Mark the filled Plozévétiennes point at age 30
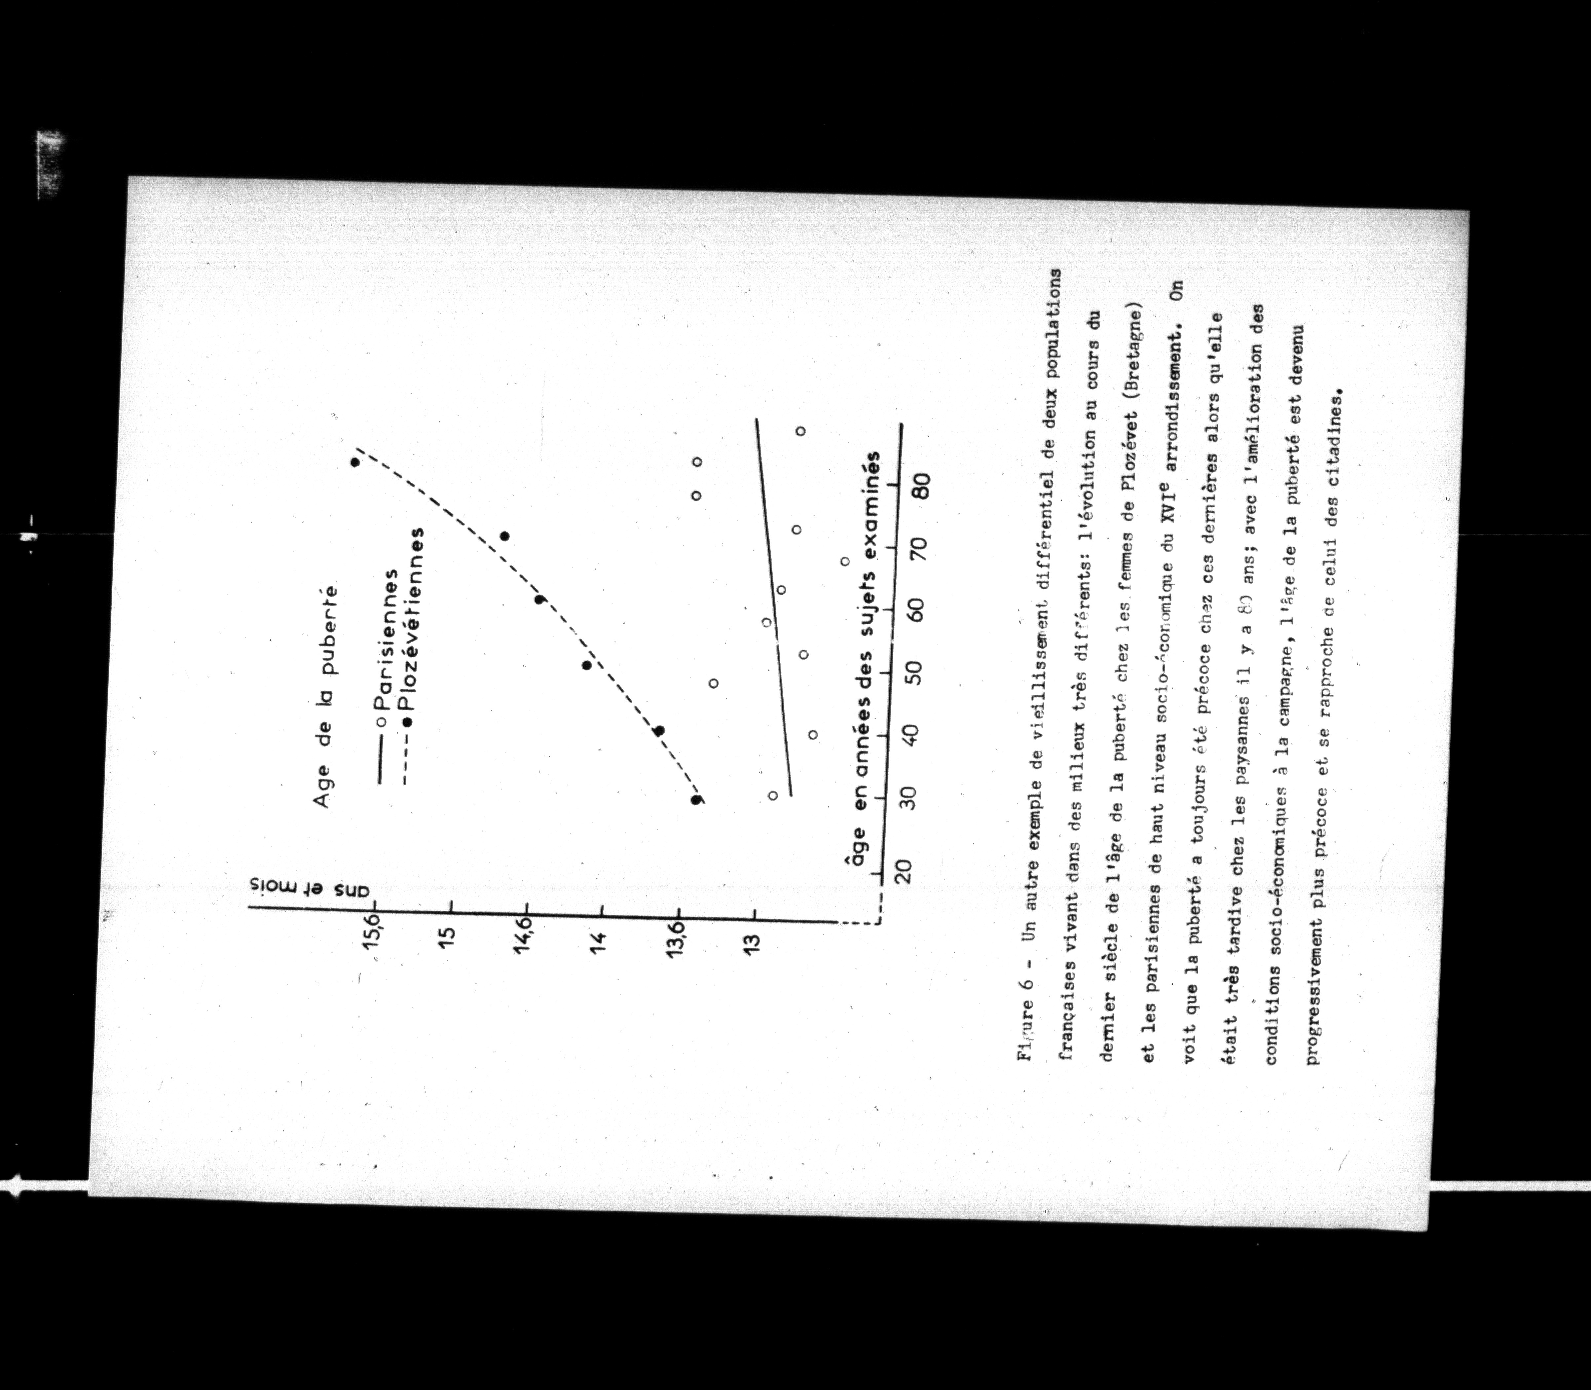point(696,800)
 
